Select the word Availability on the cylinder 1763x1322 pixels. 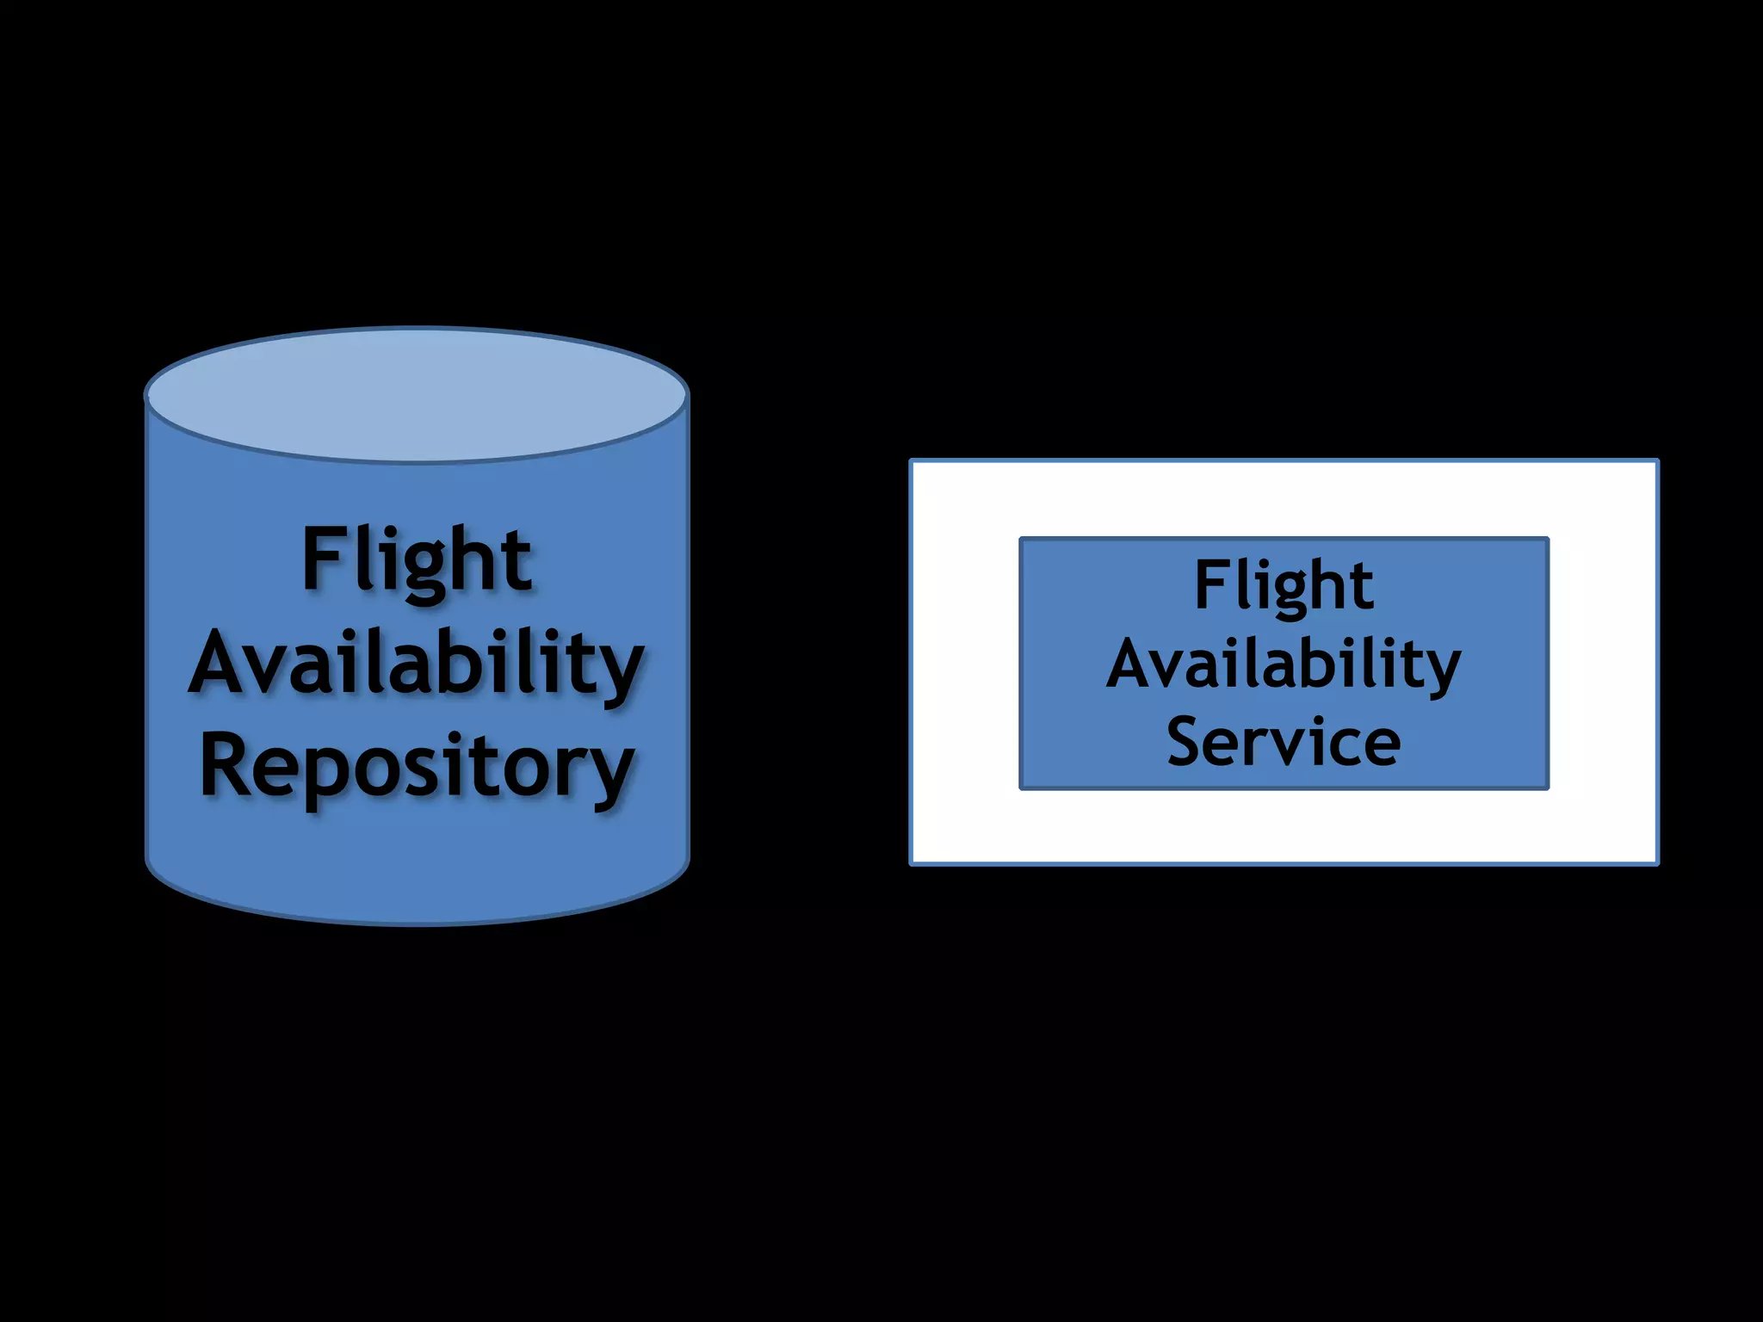[x=417, y=663]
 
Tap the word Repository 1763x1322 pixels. [x=417, y=766]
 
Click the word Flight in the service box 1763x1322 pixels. [x=1284, y=585]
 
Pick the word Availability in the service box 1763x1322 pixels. [x=1284, y=664]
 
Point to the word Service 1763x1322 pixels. [x=1284, y=742]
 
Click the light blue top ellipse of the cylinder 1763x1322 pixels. [x=417, y=394]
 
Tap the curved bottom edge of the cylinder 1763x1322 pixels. [x=417, y=923]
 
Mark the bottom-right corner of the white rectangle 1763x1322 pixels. [x=1656, y=862]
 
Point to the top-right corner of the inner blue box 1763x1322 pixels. [x=1547, y=540]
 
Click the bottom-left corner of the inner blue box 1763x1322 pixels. [x=1022, y=787]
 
